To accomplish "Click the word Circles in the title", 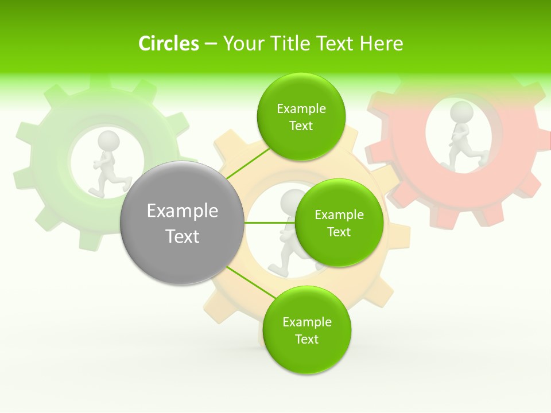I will (x=169, y=44).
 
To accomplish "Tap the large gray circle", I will (x=182, y=223).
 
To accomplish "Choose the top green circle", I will (x=301, y=116).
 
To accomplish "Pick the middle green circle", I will (x=339, y=223).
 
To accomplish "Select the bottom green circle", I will (x=306, y=330).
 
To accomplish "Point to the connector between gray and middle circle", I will (x=269, y=223).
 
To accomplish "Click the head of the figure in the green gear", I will (x=108, y=141).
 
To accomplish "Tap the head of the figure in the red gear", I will (x=461, y=112).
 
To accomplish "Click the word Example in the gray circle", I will (x=183, y=211).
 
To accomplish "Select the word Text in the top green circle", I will (x=301, y=126).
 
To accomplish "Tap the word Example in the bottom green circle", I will (x=307, y=322).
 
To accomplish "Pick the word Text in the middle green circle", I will (x=339, y=232).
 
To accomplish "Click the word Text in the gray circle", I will (x=183, y=236).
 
